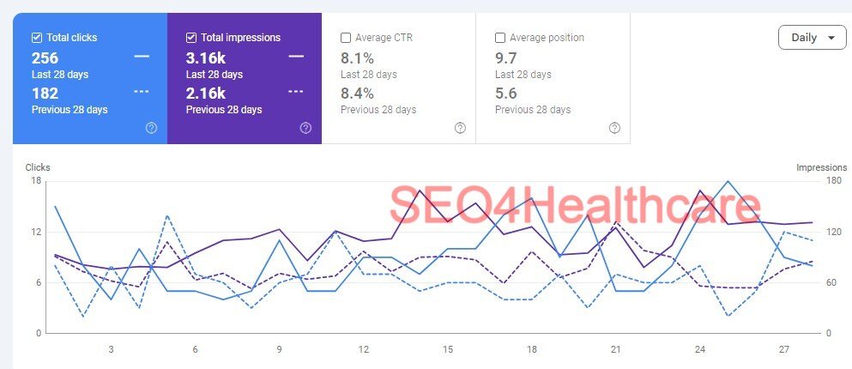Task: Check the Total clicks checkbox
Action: coord(37,38)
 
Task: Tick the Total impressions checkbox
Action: coord(191,38)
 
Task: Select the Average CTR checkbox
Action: coord(346,38)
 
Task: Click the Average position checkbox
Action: coord(500,38)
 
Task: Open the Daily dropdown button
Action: coord(812,38)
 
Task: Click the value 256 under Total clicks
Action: coord(45,58)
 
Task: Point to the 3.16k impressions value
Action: coord(206,58)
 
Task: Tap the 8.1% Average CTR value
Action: coord(357,58)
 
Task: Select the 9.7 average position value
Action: coord(506,58)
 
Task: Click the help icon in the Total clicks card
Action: coord(151,128)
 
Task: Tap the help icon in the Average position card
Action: coord(614,128)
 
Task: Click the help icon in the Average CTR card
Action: coord(460,128)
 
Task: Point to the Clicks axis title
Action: coord(38,167)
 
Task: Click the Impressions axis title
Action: coord(821,167)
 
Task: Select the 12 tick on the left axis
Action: coord(37,232)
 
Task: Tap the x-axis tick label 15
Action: coord(448,349)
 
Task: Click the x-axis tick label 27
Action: coord(784,349)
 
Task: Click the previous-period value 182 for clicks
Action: coord(45,94)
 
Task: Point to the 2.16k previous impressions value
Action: coord(206,94)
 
